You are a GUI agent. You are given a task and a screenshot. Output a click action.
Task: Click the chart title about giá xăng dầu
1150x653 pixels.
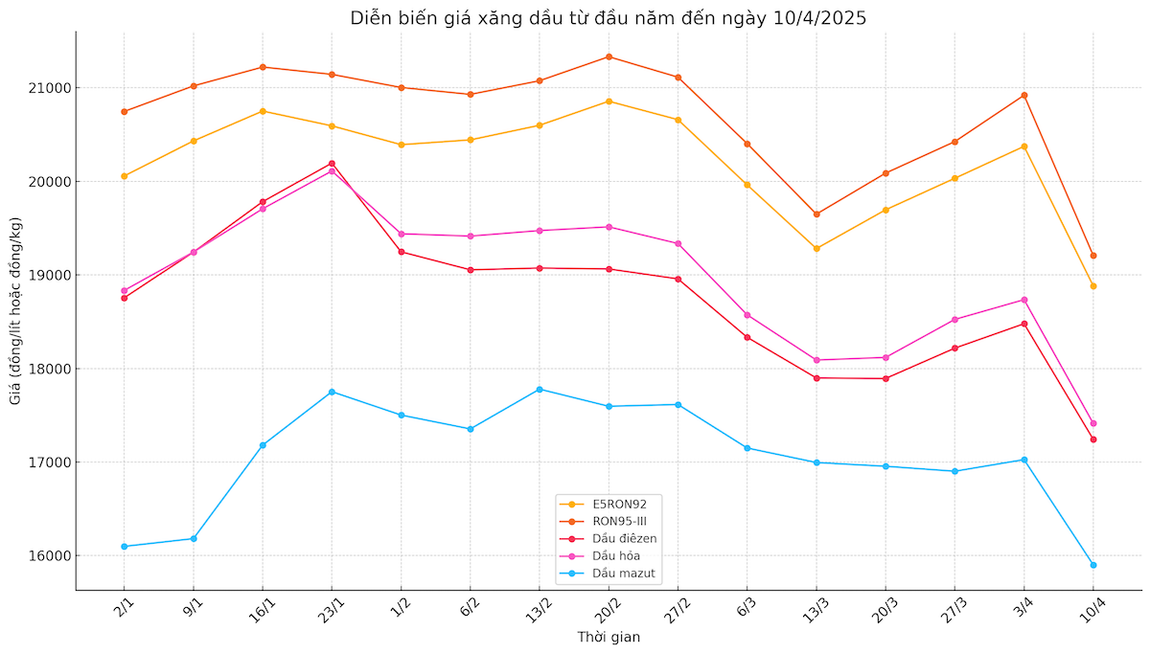click(609, 18)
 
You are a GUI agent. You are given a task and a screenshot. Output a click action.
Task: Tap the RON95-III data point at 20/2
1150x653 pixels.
click(609, 56)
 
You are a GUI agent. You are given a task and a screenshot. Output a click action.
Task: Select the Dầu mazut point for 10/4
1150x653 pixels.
click(1092, 565)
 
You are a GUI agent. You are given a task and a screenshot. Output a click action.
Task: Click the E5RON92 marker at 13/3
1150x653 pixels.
click(816, 248)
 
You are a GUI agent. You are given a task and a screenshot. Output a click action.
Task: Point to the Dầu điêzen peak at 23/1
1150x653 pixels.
click(332, 164)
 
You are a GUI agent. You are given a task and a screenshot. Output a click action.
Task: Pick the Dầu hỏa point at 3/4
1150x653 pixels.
click(1024, 300)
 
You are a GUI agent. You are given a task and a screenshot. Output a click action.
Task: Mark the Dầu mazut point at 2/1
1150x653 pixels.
click(125, 547)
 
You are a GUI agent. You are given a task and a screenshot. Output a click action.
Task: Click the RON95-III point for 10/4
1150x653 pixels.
click(1092, 256)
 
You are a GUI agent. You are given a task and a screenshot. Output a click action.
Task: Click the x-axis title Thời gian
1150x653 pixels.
click(609, 637)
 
